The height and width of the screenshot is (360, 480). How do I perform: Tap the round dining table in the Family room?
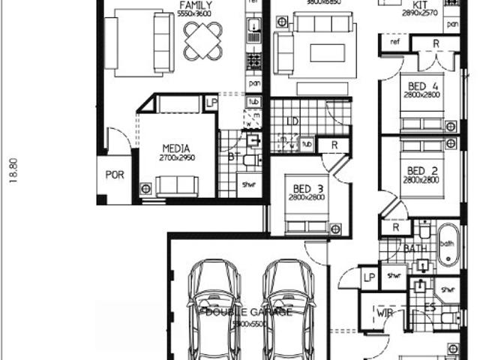click(x=202, y=37)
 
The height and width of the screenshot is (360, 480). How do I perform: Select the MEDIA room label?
click(x=176, y=148)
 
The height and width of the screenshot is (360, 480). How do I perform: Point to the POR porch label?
click(x=115, y=175)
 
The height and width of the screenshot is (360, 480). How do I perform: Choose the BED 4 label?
click(x=421, y=85)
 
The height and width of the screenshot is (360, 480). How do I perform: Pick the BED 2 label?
click(x=421, y=170)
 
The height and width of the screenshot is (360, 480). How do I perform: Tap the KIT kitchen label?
click(x=420, y=5)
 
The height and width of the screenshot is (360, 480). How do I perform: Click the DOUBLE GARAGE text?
click(x=249, y=312)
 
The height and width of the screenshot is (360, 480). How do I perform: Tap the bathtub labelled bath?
click(x=447, y=244)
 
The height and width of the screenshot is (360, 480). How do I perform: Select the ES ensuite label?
click(x=430, y=306)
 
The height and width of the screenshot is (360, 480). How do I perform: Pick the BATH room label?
click(x=415, y=248)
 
